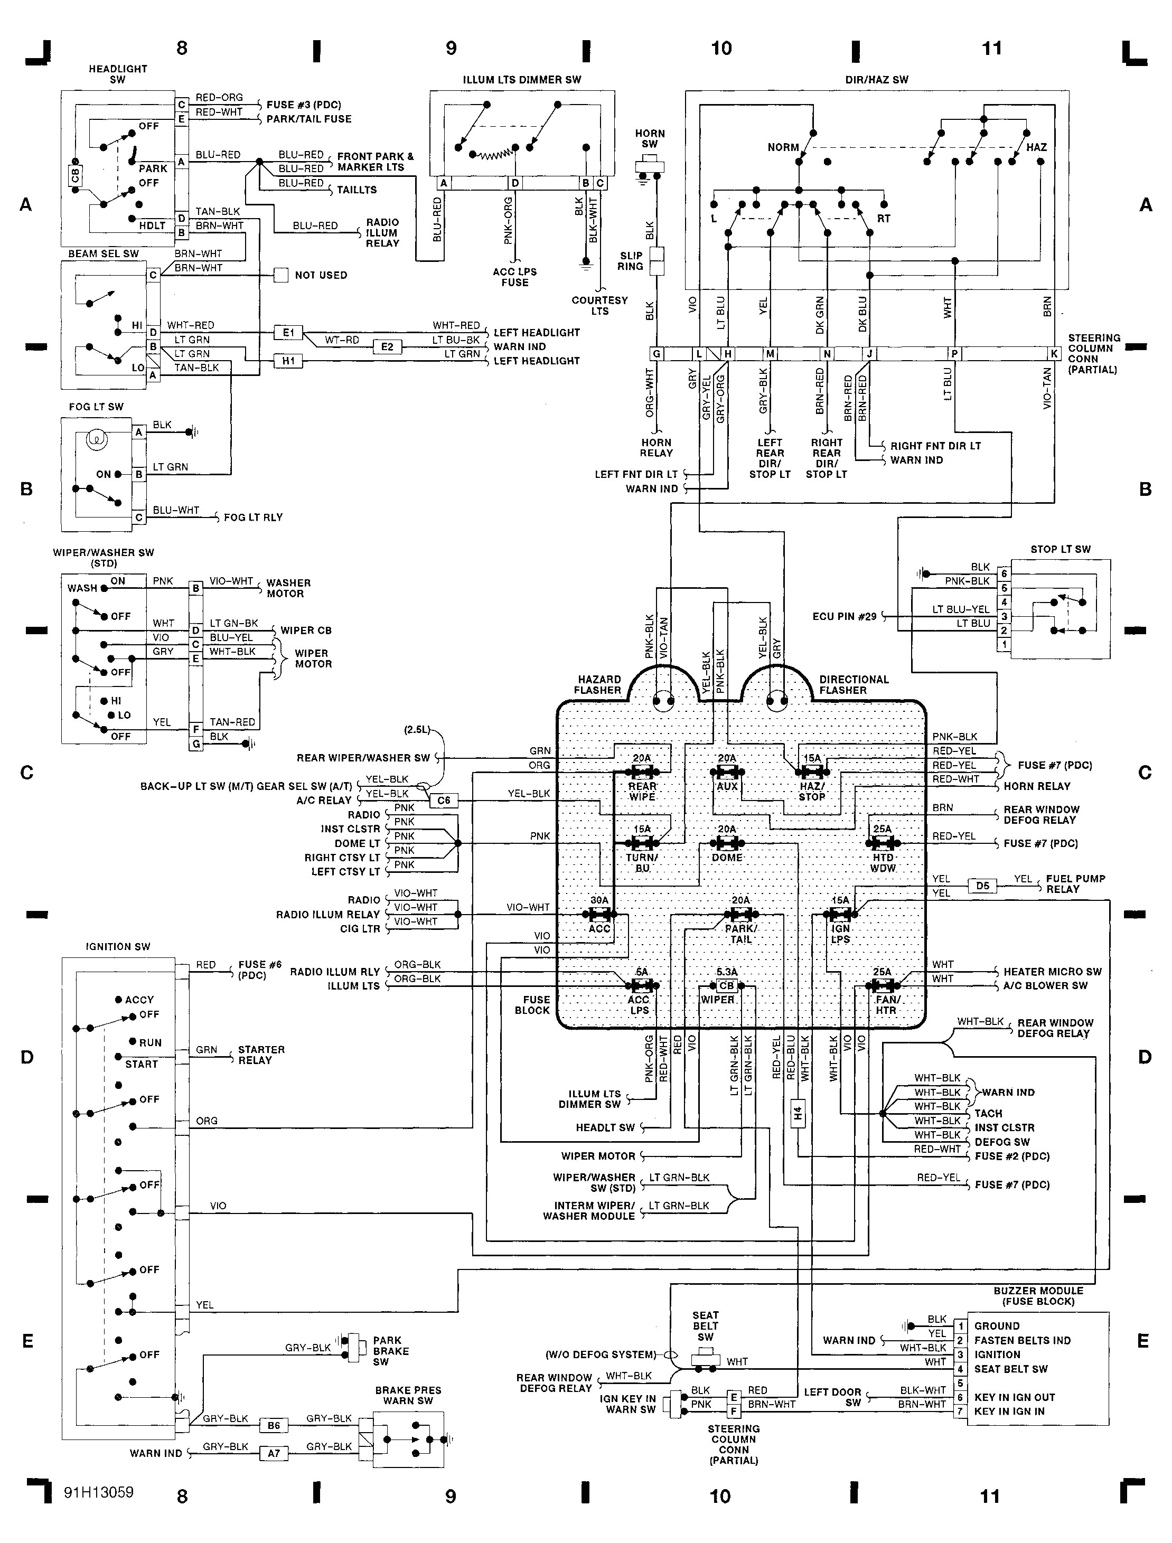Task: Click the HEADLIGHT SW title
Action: [x=118, y=74]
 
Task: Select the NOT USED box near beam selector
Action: [x=280, y=275]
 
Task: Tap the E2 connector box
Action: [x=387, y=347]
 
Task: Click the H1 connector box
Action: [x=288, y=361]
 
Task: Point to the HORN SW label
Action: [x=650, y=138]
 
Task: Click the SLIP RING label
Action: [x=631, y=261]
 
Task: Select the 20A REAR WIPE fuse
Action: [x=642, y=772]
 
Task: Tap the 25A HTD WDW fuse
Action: [x=883, y=843]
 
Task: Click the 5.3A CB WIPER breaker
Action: [x=727, y=986]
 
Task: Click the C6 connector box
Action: [x=444, y=800]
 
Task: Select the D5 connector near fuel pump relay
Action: [x=982, y=886]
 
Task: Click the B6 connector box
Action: [x=274, y=1426]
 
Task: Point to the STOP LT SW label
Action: [x=1061, y=549]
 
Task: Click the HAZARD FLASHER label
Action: [x=598, y=684]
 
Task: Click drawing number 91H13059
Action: [x=98, y=1492]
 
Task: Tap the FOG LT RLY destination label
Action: [x=253, y=518]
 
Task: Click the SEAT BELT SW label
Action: [x=705, y=1325]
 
